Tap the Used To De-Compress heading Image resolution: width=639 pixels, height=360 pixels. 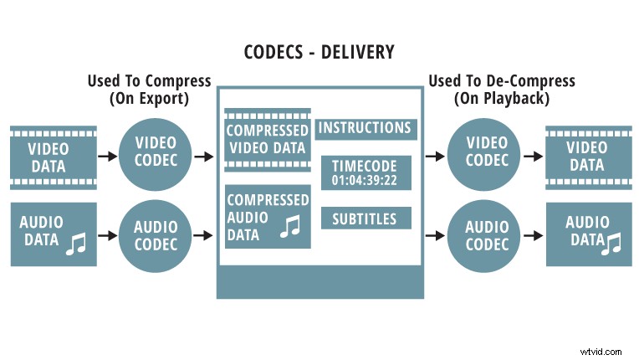501,88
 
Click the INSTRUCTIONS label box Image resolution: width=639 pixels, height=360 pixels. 365,128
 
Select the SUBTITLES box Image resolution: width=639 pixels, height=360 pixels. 365,219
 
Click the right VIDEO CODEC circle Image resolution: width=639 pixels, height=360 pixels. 488,156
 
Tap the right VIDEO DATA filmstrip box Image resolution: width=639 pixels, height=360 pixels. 587,157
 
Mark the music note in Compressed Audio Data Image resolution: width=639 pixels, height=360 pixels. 290,225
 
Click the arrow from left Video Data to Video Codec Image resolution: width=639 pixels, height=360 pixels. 107,157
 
